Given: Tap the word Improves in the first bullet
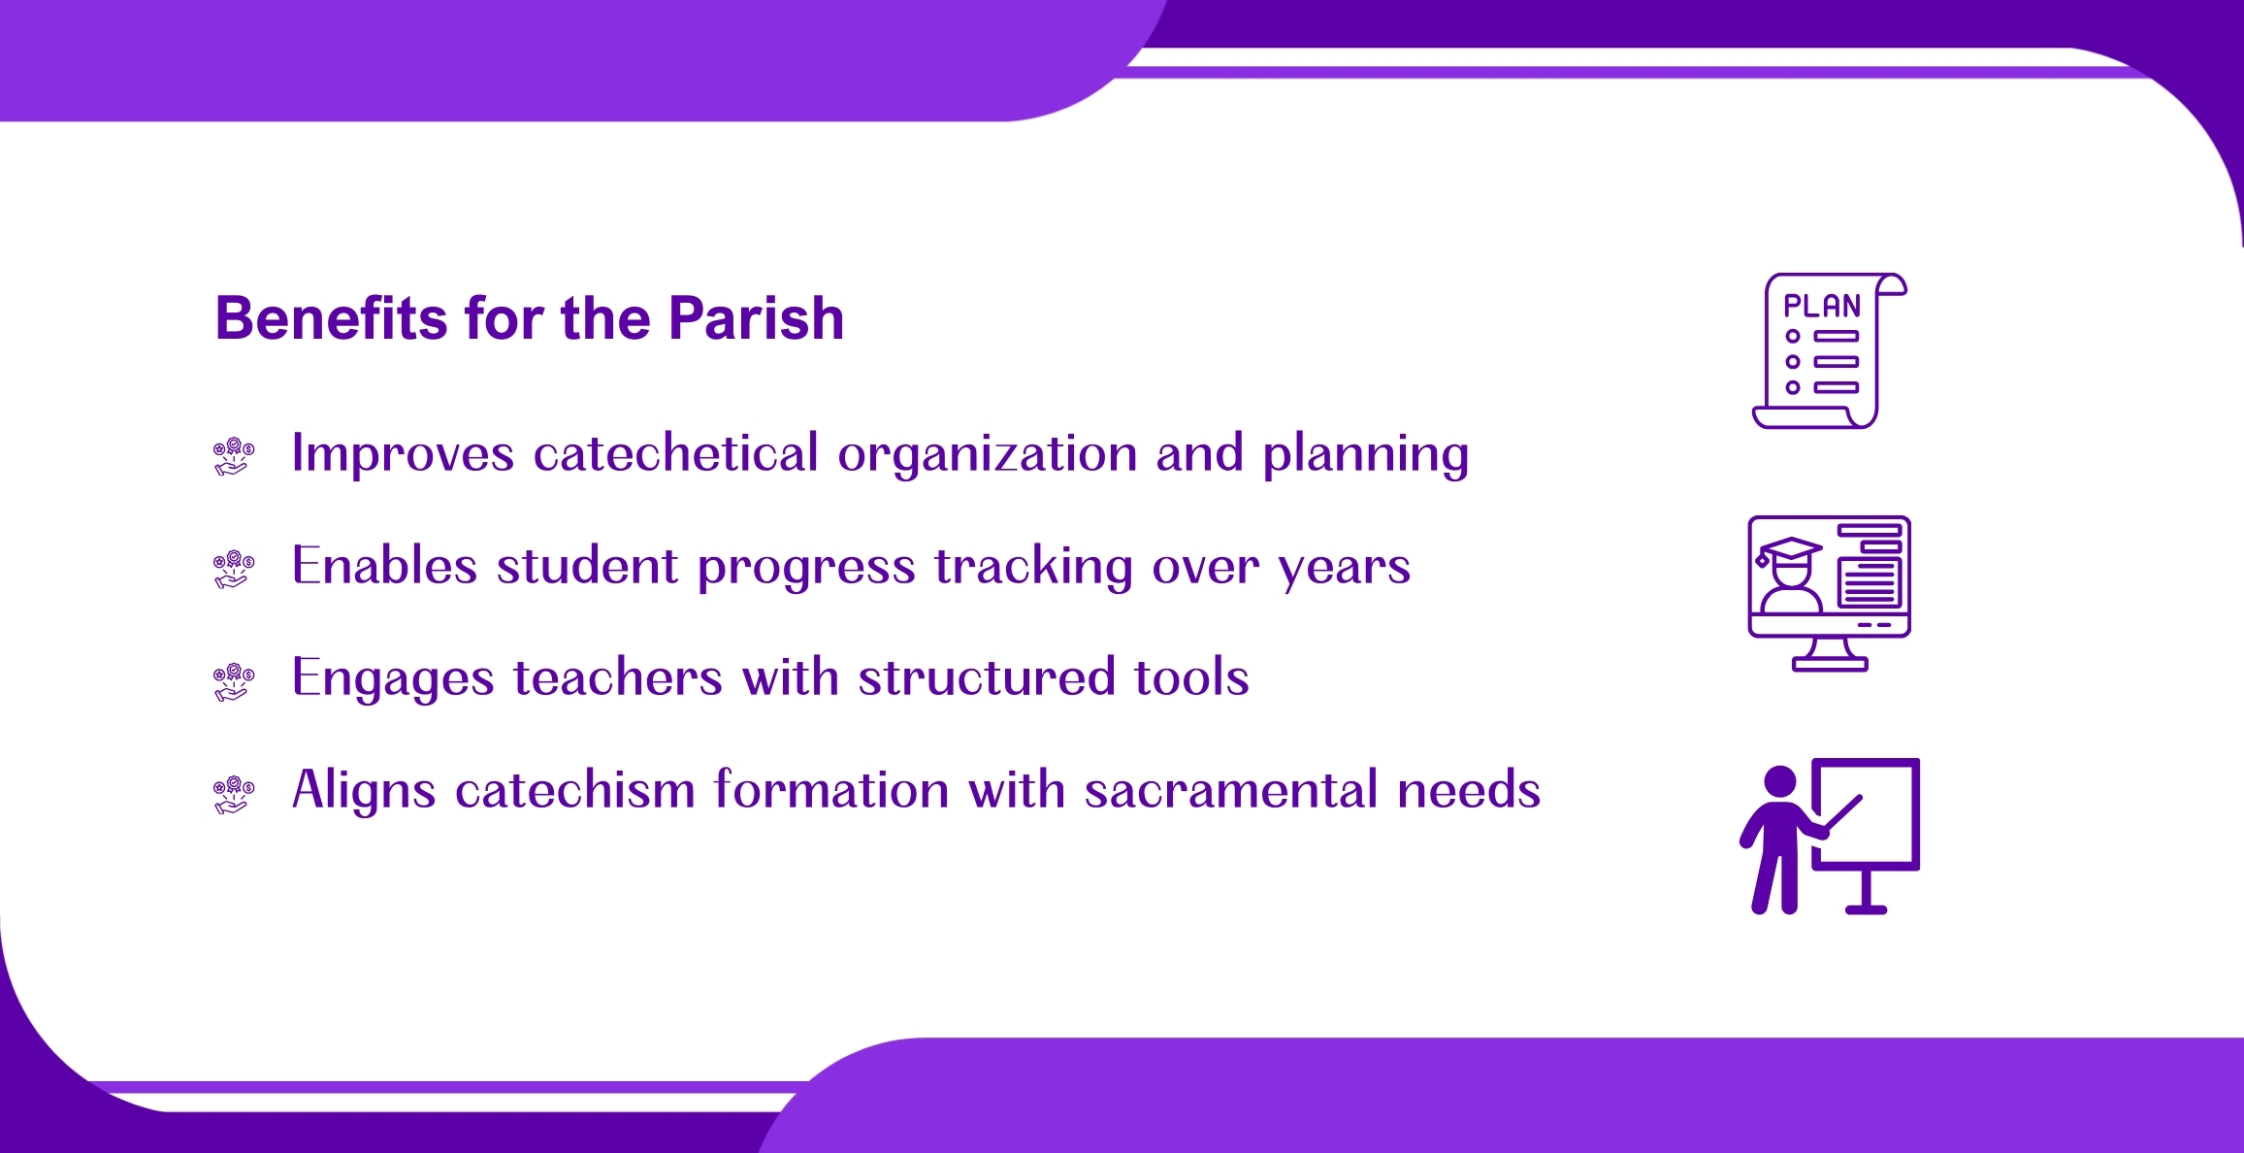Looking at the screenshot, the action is point(403,453).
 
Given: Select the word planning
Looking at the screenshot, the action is point(1366,454).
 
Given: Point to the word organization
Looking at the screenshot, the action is point(987,454).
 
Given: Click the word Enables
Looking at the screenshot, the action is point(384,565).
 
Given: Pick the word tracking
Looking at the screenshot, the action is point(1034,567).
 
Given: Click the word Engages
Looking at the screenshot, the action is point(393,678).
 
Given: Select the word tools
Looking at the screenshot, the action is point(1192,676).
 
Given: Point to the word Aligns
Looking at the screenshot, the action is point(364,790).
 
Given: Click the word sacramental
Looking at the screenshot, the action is point(1231,790).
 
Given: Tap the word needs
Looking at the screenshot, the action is point(1469,790).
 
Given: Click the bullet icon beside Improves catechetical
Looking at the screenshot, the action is point(234,456).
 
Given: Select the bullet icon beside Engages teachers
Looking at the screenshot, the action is point(234,681).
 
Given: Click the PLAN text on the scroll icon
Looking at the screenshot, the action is point(1822,306).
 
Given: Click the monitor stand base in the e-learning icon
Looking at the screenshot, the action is point(1830,665).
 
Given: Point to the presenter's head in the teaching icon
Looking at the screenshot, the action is point(1780,782).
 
